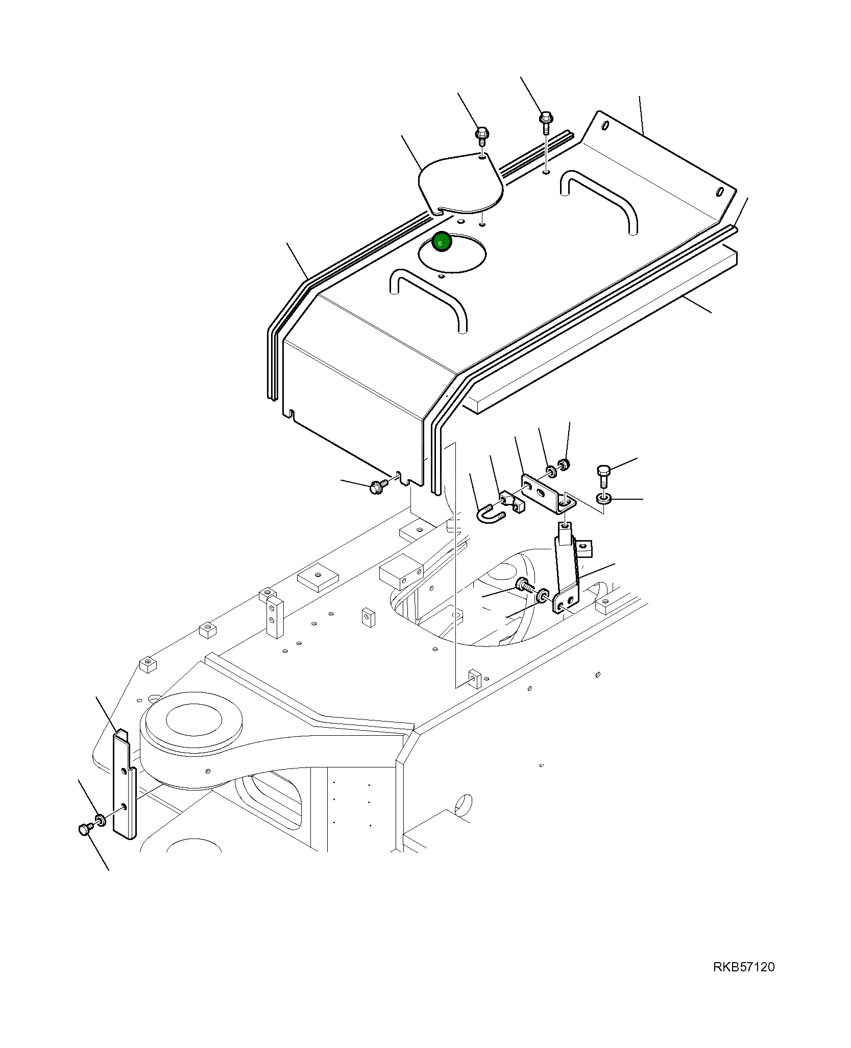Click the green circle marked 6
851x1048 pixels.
tap(442, 242)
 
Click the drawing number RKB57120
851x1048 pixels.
tap(743, 967)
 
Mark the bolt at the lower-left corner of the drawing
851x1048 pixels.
tap(85, 830)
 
